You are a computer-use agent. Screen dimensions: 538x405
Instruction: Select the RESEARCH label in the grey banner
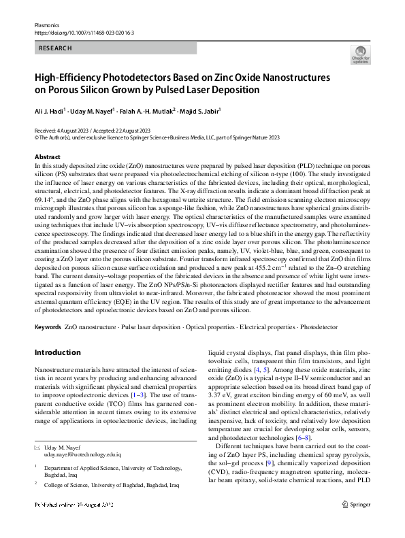tap(56, 48)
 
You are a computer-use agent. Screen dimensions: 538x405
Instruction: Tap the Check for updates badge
tap(361, 56)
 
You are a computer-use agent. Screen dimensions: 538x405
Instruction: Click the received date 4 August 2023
tap(69, 130)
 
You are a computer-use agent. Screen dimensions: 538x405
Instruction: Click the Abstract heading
tap(47, 156)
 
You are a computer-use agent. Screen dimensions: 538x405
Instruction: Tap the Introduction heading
tap(57, 352)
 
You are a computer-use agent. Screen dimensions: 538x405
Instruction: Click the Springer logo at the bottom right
tap(356, 523)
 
